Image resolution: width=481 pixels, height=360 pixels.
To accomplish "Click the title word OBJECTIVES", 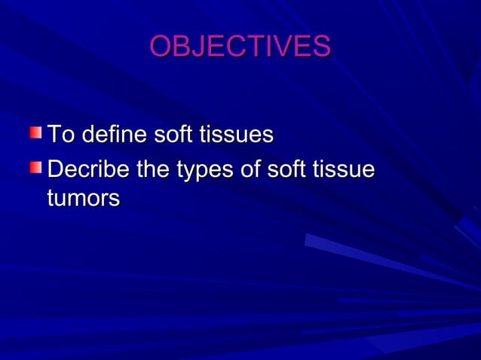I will [240, 47].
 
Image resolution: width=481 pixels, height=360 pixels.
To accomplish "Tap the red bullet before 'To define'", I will [36, 133].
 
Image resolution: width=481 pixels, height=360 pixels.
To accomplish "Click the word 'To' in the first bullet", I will [61, 136].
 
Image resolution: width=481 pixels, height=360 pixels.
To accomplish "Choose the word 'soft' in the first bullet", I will [173, 136].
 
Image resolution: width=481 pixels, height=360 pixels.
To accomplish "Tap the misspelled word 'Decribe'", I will [88, 170].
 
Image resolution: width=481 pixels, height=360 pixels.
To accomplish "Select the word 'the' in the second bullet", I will [153, 170].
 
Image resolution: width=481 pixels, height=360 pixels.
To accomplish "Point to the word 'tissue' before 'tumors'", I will [343, 170].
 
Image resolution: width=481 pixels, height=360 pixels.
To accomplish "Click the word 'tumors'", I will [83, 199].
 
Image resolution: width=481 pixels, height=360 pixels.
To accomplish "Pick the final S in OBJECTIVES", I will [321, 47].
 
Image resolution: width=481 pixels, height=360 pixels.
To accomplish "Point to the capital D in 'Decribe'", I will [55, 170].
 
